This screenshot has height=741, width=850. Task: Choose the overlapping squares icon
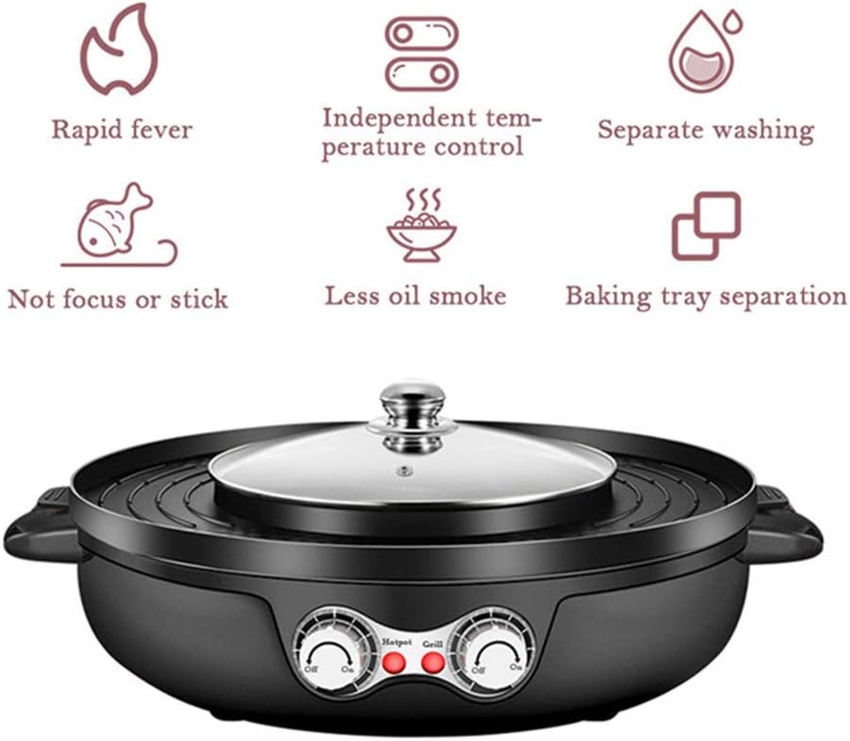pyautogui.click(x=706, y=225)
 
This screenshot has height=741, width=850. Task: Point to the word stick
pyautogui.click(x=199, y=300)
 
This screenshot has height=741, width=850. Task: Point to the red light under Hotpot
pyautogui.click(x=395, y=664)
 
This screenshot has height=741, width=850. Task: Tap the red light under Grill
pyautogui.click(x=433, y=664)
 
